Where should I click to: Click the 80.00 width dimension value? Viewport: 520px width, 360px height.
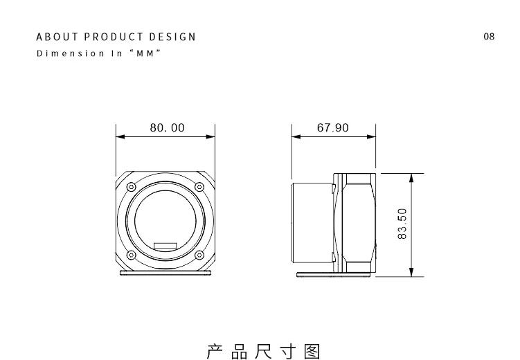(167, 127)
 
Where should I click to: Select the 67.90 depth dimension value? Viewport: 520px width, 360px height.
(332, 127)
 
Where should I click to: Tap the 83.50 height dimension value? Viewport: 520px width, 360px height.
(402, 224)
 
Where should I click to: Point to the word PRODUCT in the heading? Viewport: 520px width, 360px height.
(114, 37)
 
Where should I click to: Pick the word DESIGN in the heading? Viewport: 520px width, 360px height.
(172, 37)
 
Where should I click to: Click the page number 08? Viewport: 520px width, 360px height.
(489, 37)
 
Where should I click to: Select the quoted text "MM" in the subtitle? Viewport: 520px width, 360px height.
(145, 53)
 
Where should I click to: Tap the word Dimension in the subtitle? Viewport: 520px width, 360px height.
(71, 53)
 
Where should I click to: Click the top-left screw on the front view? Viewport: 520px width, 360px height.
(132, 187)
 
